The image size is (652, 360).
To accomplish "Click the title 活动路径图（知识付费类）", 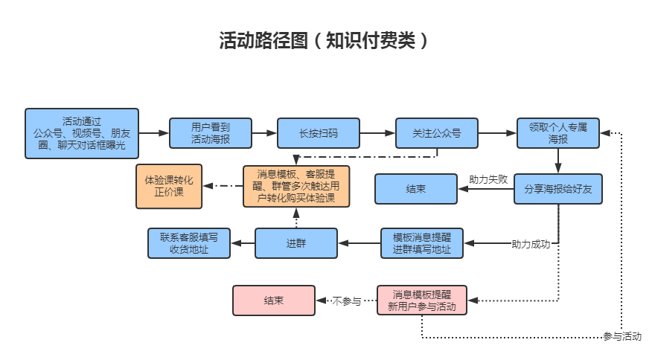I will point(325,40).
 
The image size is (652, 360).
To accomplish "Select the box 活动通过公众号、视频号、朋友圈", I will point(82,133).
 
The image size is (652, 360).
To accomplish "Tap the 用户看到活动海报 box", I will point(211,133).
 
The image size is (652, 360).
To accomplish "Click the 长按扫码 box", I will point(318,133).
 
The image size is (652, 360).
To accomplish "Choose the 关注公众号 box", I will point(437,133).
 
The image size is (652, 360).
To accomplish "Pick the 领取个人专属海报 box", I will point(558,133).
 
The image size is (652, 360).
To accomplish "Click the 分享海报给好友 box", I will point(558,189).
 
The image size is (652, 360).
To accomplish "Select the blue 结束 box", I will point(415,189).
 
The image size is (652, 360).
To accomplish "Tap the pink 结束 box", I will point(273,300).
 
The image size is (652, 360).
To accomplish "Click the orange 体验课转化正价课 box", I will point(168,186).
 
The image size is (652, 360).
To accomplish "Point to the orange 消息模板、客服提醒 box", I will point(296,186).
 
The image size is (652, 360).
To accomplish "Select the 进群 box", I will point(295,243).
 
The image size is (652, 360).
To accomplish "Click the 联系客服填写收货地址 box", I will point(189,243).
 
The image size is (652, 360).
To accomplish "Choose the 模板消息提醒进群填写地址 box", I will point(422,243).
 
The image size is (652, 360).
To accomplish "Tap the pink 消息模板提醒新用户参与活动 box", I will point(422,300).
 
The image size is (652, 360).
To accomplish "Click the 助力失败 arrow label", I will point(488,179).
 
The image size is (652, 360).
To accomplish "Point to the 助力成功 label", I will point(530,244).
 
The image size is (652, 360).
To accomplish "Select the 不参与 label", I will point(347,301).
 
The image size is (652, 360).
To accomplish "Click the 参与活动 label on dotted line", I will point(622,336).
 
